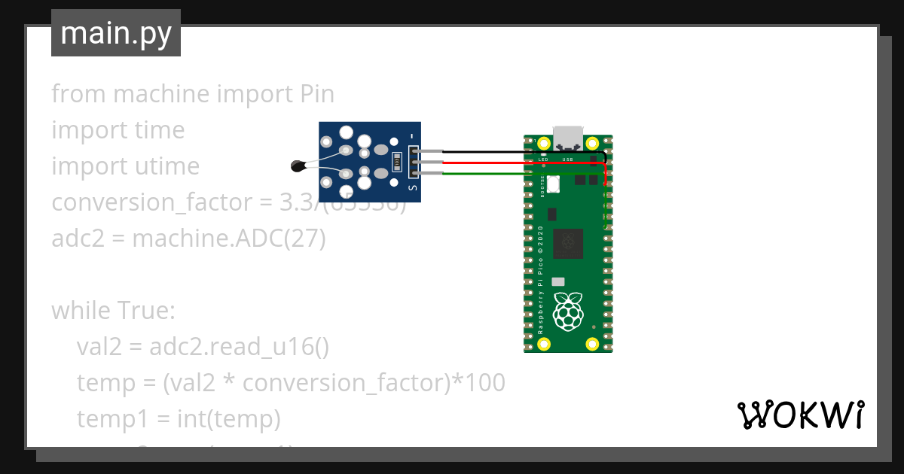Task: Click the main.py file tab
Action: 116,33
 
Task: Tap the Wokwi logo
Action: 800,415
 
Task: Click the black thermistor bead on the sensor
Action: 298,165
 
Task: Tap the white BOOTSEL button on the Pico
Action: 554,183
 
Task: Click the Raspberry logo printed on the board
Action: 568,311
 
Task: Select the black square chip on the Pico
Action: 568,243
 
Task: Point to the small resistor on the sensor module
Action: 396,162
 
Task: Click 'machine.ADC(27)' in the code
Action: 229,239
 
